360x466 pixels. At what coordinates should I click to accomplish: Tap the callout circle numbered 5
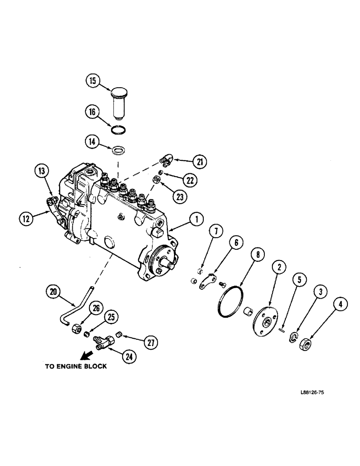click(x=299, y=280)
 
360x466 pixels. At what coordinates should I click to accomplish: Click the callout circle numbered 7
click(x=214, y=231)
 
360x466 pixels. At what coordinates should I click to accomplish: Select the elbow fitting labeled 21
click(x=166, y=161)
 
